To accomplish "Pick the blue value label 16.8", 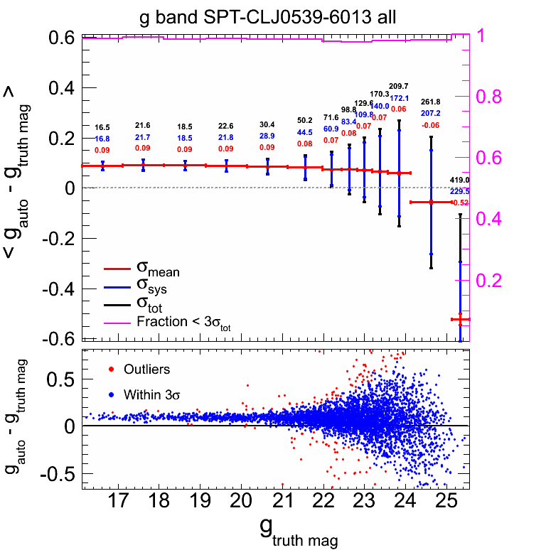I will [102, 139].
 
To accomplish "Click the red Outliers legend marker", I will [112, 370].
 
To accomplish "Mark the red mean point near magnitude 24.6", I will [431, 203].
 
